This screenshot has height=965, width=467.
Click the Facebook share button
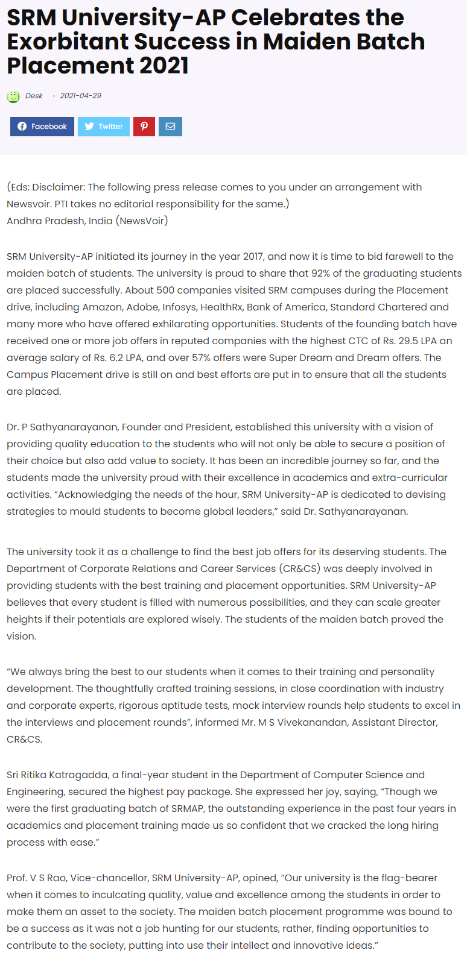click(x=42, y=127)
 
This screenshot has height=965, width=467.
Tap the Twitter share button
click(x=104, y=127)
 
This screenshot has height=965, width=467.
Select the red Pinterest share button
click(x=144, y=127)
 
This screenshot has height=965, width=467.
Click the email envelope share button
click(x=170, y=127)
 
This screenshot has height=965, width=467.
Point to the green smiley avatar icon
click(x=13, y=96)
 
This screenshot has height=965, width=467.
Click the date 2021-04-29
click(x=81, y=96)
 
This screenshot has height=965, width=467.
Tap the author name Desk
click(x=34, y=96)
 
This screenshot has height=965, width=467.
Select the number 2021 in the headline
click(x=164, y=66)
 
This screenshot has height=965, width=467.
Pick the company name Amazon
click(x=102, y=307)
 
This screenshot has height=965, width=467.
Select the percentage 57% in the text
click(x=201, y=357)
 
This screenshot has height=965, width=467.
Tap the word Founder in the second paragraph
click(x=141, y=427)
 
